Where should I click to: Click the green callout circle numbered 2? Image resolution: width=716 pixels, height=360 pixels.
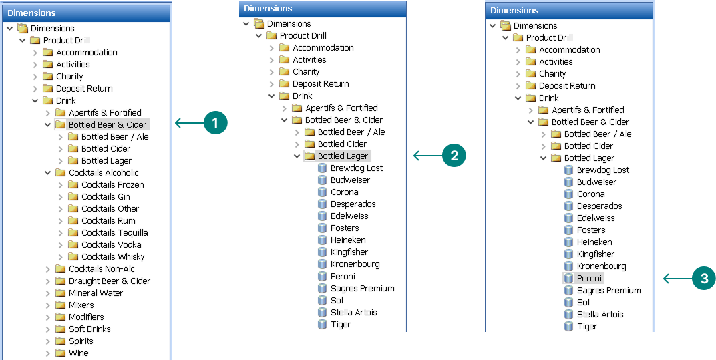454,156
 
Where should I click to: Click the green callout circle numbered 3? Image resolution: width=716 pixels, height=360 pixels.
703,279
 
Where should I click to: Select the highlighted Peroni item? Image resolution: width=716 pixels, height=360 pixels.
589,279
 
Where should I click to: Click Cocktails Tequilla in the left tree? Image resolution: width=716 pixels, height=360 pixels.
114,233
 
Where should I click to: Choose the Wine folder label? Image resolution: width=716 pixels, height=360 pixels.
78,353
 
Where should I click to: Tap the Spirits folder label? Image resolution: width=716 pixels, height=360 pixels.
81,341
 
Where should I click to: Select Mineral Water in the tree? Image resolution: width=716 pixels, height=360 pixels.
96,293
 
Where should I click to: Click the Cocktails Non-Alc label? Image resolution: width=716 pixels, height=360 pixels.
102,269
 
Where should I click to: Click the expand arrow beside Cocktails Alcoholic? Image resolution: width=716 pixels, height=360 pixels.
48,173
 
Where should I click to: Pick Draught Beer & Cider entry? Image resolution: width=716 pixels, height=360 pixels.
109,281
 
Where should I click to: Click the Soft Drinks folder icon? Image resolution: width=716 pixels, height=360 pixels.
60,329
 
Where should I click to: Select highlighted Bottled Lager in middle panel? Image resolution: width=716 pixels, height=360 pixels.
343,156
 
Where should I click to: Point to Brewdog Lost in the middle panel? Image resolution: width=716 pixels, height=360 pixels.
356,168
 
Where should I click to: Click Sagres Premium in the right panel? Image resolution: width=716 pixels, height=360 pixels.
608,291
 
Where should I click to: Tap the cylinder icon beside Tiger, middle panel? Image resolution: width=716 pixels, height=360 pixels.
323,325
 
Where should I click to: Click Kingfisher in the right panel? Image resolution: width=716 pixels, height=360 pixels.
595,254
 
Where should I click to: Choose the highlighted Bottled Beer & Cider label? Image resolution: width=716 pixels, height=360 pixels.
107,125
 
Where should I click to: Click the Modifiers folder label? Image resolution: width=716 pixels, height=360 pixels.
85,317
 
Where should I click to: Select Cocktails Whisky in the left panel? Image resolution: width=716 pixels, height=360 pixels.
112,257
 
